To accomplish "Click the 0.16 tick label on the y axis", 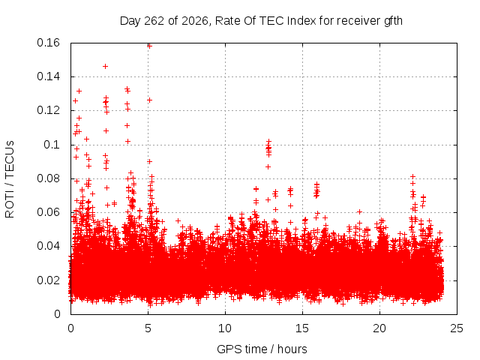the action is (x=48, y=43).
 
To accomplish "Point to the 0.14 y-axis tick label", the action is (x=48, y=76).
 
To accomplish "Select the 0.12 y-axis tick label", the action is (x=48, y=110).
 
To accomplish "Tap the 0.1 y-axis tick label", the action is (x=52, y=145).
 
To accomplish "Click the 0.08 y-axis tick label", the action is (x=48, y=178).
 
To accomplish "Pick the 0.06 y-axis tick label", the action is (x=48, y=211).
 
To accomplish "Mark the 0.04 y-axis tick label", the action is (x=48, y=246).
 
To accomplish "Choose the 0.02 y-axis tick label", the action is (x=48, y=280).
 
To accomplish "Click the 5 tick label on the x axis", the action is (x=148, y=328).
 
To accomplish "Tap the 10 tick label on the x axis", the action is (x=225, y=328).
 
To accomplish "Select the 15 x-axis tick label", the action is (x=302, y=328).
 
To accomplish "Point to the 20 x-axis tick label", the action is (x=379, y=328).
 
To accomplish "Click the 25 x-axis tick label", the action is (x=457, y=328).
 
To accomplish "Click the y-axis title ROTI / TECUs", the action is (x=10, y=179).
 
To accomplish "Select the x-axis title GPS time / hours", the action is (x=262, y=349).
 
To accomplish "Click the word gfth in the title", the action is (x=393, y=21).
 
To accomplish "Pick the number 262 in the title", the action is (x=154, y=21).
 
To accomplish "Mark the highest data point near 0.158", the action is (x=149, y=46).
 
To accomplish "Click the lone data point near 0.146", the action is (x=105, y=67).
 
